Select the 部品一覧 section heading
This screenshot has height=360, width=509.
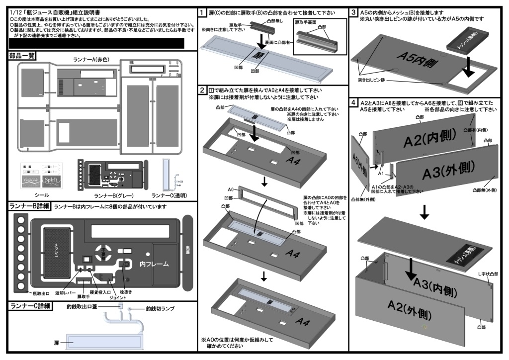pos(22,56)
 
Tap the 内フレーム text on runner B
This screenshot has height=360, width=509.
pos(155,264)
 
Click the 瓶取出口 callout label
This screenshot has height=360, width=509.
pos(42,294)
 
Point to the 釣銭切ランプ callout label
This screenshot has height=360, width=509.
pos(160,309)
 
